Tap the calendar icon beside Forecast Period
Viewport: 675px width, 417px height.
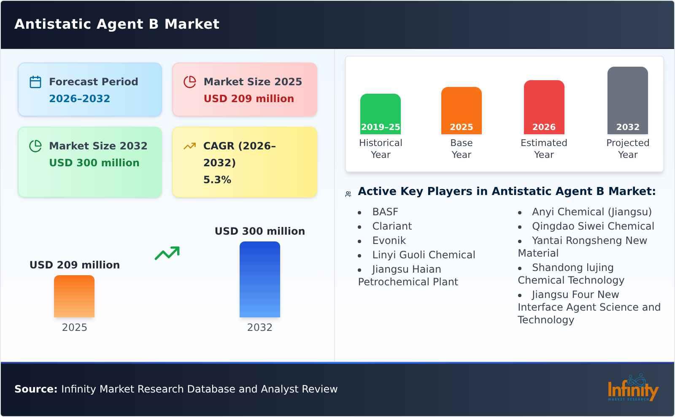click(35, 82)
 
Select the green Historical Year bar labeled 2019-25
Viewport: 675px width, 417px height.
click(380, 114)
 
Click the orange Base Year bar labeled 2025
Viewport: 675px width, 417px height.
click(461, 111)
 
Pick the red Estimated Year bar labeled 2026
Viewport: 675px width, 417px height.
click(544, 107)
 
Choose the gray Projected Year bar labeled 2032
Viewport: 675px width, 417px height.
click(627, 100)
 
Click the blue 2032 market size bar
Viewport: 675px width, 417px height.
click(259, 279)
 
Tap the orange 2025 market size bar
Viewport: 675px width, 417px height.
click(74, 296)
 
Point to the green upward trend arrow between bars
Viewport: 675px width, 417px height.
click(167, 253)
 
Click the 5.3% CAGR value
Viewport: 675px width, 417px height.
click(217, 180)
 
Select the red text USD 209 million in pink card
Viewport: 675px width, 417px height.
click(248, 99)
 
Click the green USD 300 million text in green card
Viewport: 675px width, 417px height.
click(94, 163)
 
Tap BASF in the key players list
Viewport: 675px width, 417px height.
click(385, 212)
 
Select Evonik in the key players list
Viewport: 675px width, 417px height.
click(389, 241)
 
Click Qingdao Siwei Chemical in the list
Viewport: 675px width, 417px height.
click(593, 226)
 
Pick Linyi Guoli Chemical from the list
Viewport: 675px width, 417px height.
click(423, 255)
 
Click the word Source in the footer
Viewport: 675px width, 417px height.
click(36, 389)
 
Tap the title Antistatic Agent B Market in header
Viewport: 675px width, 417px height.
click(117, 24)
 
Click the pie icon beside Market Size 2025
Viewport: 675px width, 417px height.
click(190, 82)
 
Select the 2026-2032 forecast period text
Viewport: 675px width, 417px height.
click(79, 99)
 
